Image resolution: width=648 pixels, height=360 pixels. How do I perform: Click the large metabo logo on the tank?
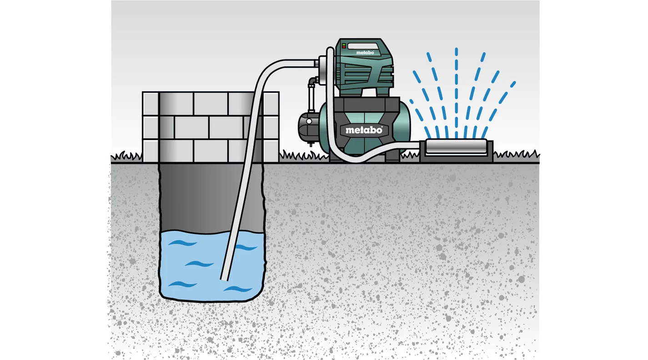coord(364,130)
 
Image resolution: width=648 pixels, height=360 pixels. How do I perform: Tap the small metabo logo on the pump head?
coord(365,53)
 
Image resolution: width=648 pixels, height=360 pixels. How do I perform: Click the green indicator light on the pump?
coord(344,45)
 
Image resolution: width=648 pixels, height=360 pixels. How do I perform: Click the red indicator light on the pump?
coord(344,47)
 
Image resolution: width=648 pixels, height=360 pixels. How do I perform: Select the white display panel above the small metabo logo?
coord(363,46)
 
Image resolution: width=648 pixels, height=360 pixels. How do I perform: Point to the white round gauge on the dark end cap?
coord(309,121)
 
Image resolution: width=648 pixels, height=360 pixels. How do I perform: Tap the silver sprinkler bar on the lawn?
coord(456,146)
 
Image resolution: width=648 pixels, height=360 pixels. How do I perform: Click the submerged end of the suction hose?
coord(224,279)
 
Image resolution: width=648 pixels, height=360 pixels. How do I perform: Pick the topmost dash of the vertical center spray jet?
coord(456,52)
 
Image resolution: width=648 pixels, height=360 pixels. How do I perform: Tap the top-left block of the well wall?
coord(151,104)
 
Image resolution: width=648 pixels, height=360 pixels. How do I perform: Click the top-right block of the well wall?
coord(271,104)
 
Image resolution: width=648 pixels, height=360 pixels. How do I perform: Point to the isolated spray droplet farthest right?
coord(513,85)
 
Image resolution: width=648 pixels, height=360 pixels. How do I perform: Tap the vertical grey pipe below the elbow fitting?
coord(311,98)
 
